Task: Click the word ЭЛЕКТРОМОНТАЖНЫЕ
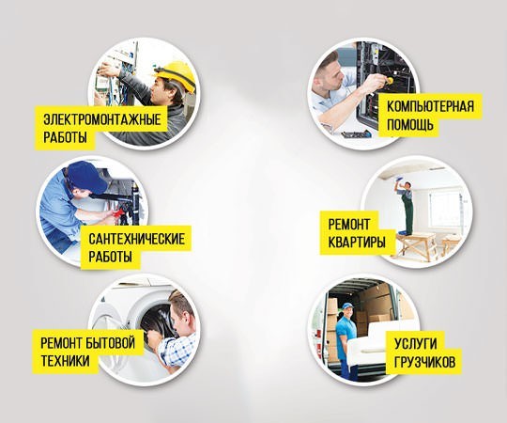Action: pos(101,119)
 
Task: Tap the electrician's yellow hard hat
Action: pos(176,74)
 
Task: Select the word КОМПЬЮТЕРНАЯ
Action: pos(430,106)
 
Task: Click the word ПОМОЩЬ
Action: pos(410,124)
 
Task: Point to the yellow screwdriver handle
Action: pos(390,80)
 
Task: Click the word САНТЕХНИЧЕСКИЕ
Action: pos(137,239)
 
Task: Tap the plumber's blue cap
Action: pos(86,177)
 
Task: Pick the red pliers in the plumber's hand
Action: pos(118,212)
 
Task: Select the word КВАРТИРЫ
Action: pos(357,243)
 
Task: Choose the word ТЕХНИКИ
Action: pos(66,361)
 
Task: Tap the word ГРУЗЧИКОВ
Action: pos(425,362)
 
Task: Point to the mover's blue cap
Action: pos(347,305)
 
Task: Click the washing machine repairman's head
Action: pos(182,310)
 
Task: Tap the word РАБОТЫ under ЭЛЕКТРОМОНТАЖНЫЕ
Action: pos(65,137)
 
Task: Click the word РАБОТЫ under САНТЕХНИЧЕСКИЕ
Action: pos(110,257)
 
